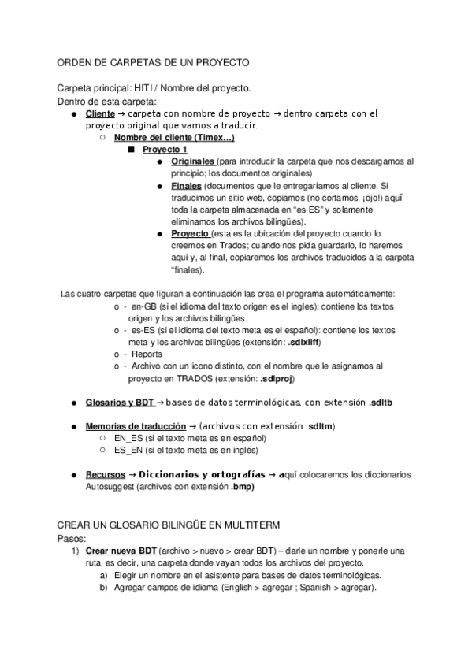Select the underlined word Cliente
tap(100, 114)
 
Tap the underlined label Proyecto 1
tap(165, 149)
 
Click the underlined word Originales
tap(192, 161)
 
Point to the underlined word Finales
tap(186, 186)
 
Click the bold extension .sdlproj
tap(277, 379)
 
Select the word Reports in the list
tap(147, 354)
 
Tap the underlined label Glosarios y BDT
tap(120, 403)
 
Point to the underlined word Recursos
tap(104, 474)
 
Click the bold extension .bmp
tap(243, 487)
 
